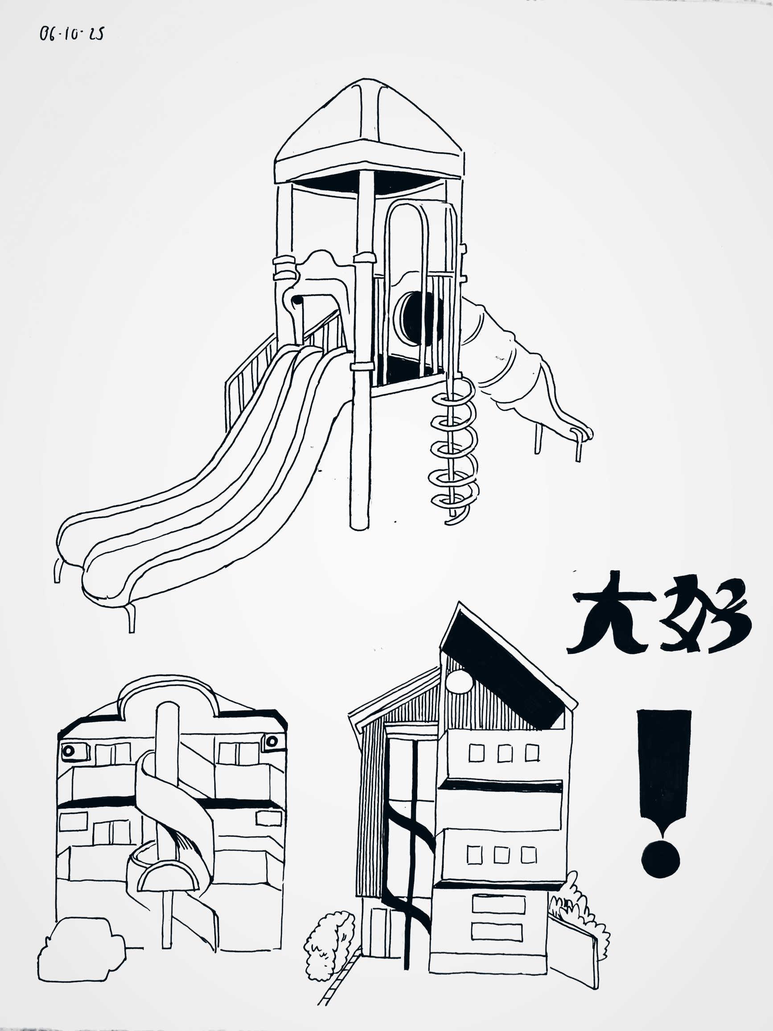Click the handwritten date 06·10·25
pyautogui.click(x=71, y=34)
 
